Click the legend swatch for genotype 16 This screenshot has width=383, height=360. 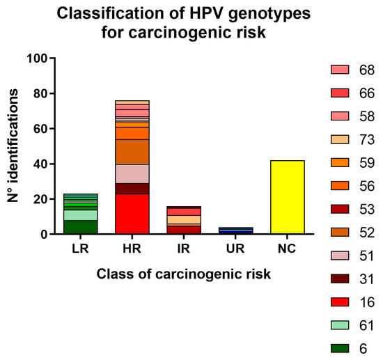(x=341, y=302)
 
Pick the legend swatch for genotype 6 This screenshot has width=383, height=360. (x=341, y=347)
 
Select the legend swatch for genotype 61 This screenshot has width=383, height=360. (x=341, y=324)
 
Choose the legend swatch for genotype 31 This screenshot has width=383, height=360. (x=341, y=279)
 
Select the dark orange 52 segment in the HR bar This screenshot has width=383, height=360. (x=132, y=152)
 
